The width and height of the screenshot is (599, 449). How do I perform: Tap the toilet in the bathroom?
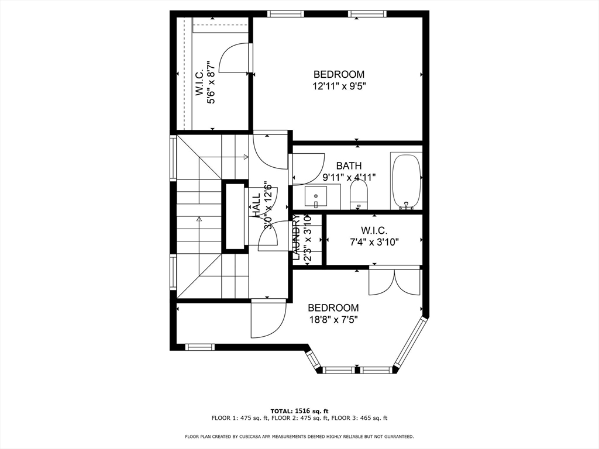[x=358, y=194]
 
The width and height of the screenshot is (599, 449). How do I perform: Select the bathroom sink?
[x=316, y=197]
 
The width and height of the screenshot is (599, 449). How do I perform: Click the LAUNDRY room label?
[x=297, y=237]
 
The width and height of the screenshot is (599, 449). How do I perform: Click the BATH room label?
[x=349, y=166]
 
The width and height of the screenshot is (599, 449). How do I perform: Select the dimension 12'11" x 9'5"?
[x=339, y=85]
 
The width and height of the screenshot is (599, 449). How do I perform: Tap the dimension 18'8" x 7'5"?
[x=333, y=319]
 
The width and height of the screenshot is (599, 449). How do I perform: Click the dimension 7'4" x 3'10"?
[x=374, y=242]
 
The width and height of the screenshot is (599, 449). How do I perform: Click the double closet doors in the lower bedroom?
[x=395, y=281]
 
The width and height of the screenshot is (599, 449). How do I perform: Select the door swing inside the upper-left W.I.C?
[x=234, y=58]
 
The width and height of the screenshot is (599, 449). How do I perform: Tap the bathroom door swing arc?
[x=309, y=168]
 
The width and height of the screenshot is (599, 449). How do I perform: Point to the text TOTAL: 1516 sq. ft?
[x=299, y=411]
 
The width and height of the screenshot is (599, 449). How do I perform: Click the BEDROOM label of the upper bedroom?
[x=339, y=74]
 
